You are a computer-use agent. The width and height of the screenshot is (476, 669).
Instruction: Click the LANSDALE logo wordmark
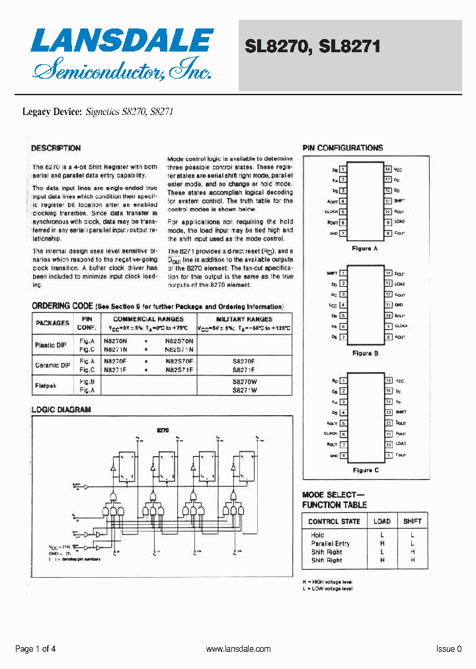[x=122, y=41]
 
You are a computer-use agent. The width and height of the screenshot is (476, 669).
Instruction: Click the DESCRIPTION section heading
[x=56, y=148]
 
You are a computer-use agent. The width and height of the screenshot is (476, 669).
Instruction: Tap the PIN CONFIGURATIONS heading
[x=342, y=148]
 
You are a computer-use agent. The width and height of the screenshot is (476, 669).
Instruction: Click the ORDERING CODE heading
[x=62, y=307]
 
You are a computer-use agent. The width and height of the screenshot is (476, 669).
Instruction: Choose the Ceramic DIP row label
[x=52, y=365]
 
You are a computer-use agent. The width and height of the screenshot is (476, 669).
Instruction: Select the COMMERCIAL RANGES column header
[x=148, y=319]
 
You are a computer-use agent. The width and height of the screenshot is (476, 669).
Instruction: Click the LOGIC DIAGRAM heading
[x=61, y=409]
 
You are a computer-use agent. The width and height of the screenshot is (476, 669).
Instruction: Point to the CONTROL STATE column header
[x=334, y=522]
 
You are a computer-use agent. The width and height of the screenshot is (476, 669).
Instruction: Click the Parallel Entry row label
[x=331, y=543]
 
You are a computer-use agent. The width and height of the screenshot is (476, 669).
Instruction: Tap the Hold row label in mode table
[x=317, y=535]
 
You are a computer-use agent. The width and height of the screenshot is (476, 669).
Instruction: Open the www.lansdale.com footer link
[x=238, y=649]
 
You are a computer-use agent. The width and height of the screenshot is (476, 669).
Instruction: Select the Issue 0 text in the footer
[x=449, y=649]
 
